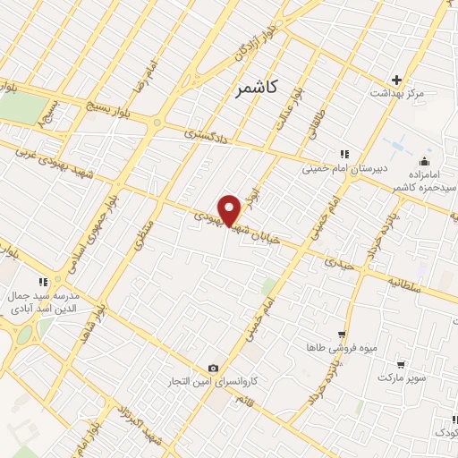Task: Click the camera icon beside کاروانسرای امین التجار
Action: [x=213, y=368]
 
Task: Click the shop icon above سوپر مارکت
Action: [x=402, y=365]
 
